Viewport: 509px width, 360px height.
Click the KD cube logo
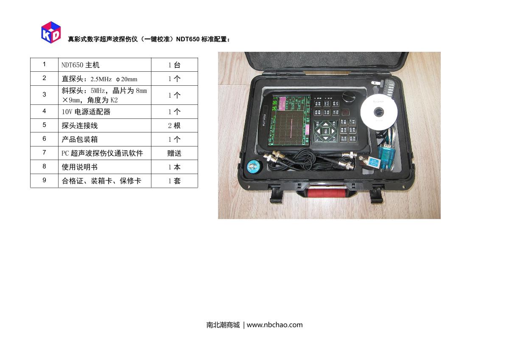click(51, 32)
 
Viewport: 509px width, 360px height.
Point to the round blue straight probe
click(254, 166)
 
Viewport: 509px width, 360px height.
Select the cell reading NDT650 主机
click(104, 65)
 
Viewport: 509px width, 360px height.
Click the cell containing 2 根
click(174, 126)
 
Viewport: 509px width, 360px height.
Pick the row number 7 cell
click(44, 153)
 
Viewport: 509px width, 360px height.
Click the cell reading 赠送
click(174, 153)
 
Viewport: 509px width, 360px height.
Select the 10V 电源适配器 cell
click(104, 112)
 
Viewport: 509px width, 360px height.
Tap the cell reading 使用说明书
click(104, 167)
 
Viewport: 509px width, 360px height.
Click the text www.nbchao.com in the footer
click(275, 325)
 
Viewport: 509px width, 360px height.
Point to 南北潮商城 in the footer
click(223, 325)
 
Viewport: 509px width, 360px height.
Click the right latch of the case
click(376, 195)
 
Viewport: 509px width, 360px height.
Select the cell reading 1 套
click(174, 181)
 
